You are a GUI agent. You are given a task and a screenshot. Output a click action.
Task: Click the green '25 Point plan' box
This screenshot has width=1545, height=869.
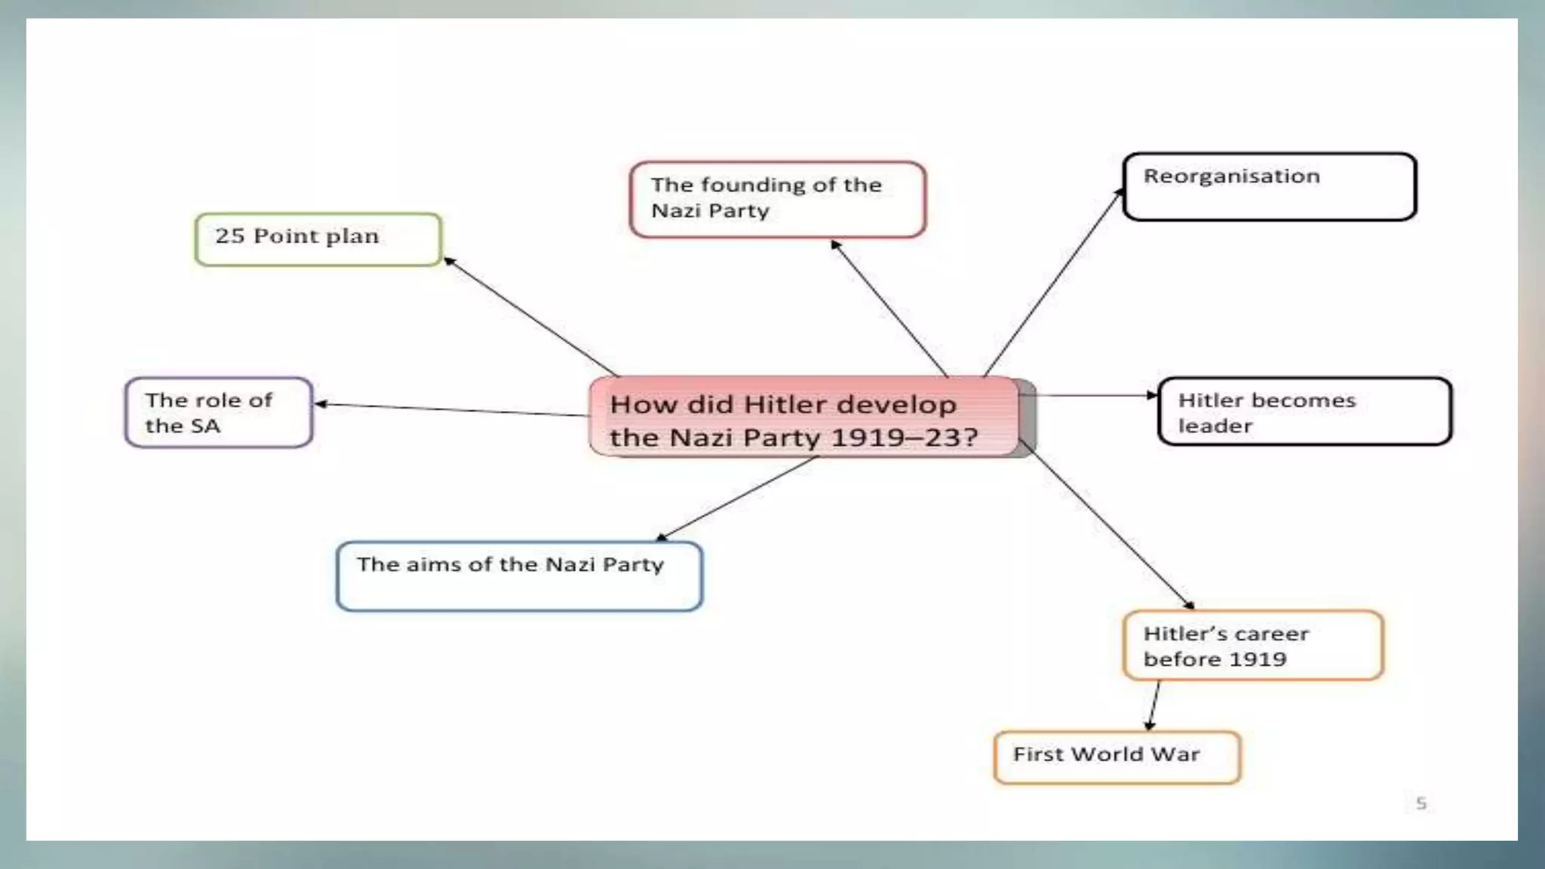coord(318,239)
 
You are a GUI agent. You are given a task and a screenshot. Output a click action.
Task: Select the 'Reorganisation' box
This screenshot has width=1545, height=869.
coord(1269,186)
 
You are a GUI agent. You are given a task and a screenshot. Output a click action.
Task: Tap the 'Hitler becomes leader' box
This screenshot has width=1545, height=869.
coord(1304,411)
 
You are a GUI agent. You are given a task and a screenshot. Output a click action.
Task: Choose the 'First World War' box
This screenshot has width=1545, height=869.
coord(1117,757)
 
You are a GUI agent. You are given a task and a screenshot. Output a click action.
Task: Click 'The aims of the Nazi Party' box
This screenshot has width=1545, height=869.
coord(519,576)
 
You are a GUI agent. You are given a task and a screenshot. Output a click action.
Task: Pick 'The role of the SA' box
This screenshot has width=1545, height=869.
coord(218,413)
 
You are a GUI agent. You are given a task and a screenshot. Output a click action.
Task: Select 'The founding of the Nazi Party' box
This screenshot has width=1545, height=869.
coord(777,199)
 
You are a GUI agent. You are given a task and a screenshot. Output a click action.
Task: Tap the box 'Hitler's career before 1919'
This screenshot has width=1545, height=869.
coord(1252,645)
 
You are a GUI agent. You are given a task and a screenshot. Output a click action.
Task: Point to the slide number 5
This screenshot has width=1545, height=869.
coord(1421,803)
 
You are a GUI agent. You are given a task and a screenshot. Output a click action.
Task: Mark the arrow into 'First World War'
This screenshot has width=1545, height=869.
coord(1153,705)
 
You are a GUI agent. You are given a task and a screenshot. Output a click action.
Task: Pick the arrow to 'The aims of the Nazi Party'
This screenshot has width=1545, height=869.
coord(737,499)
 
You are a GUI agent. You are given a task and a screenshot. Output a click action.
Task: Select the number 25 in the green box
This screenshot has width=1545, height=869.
coord(229,236)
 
